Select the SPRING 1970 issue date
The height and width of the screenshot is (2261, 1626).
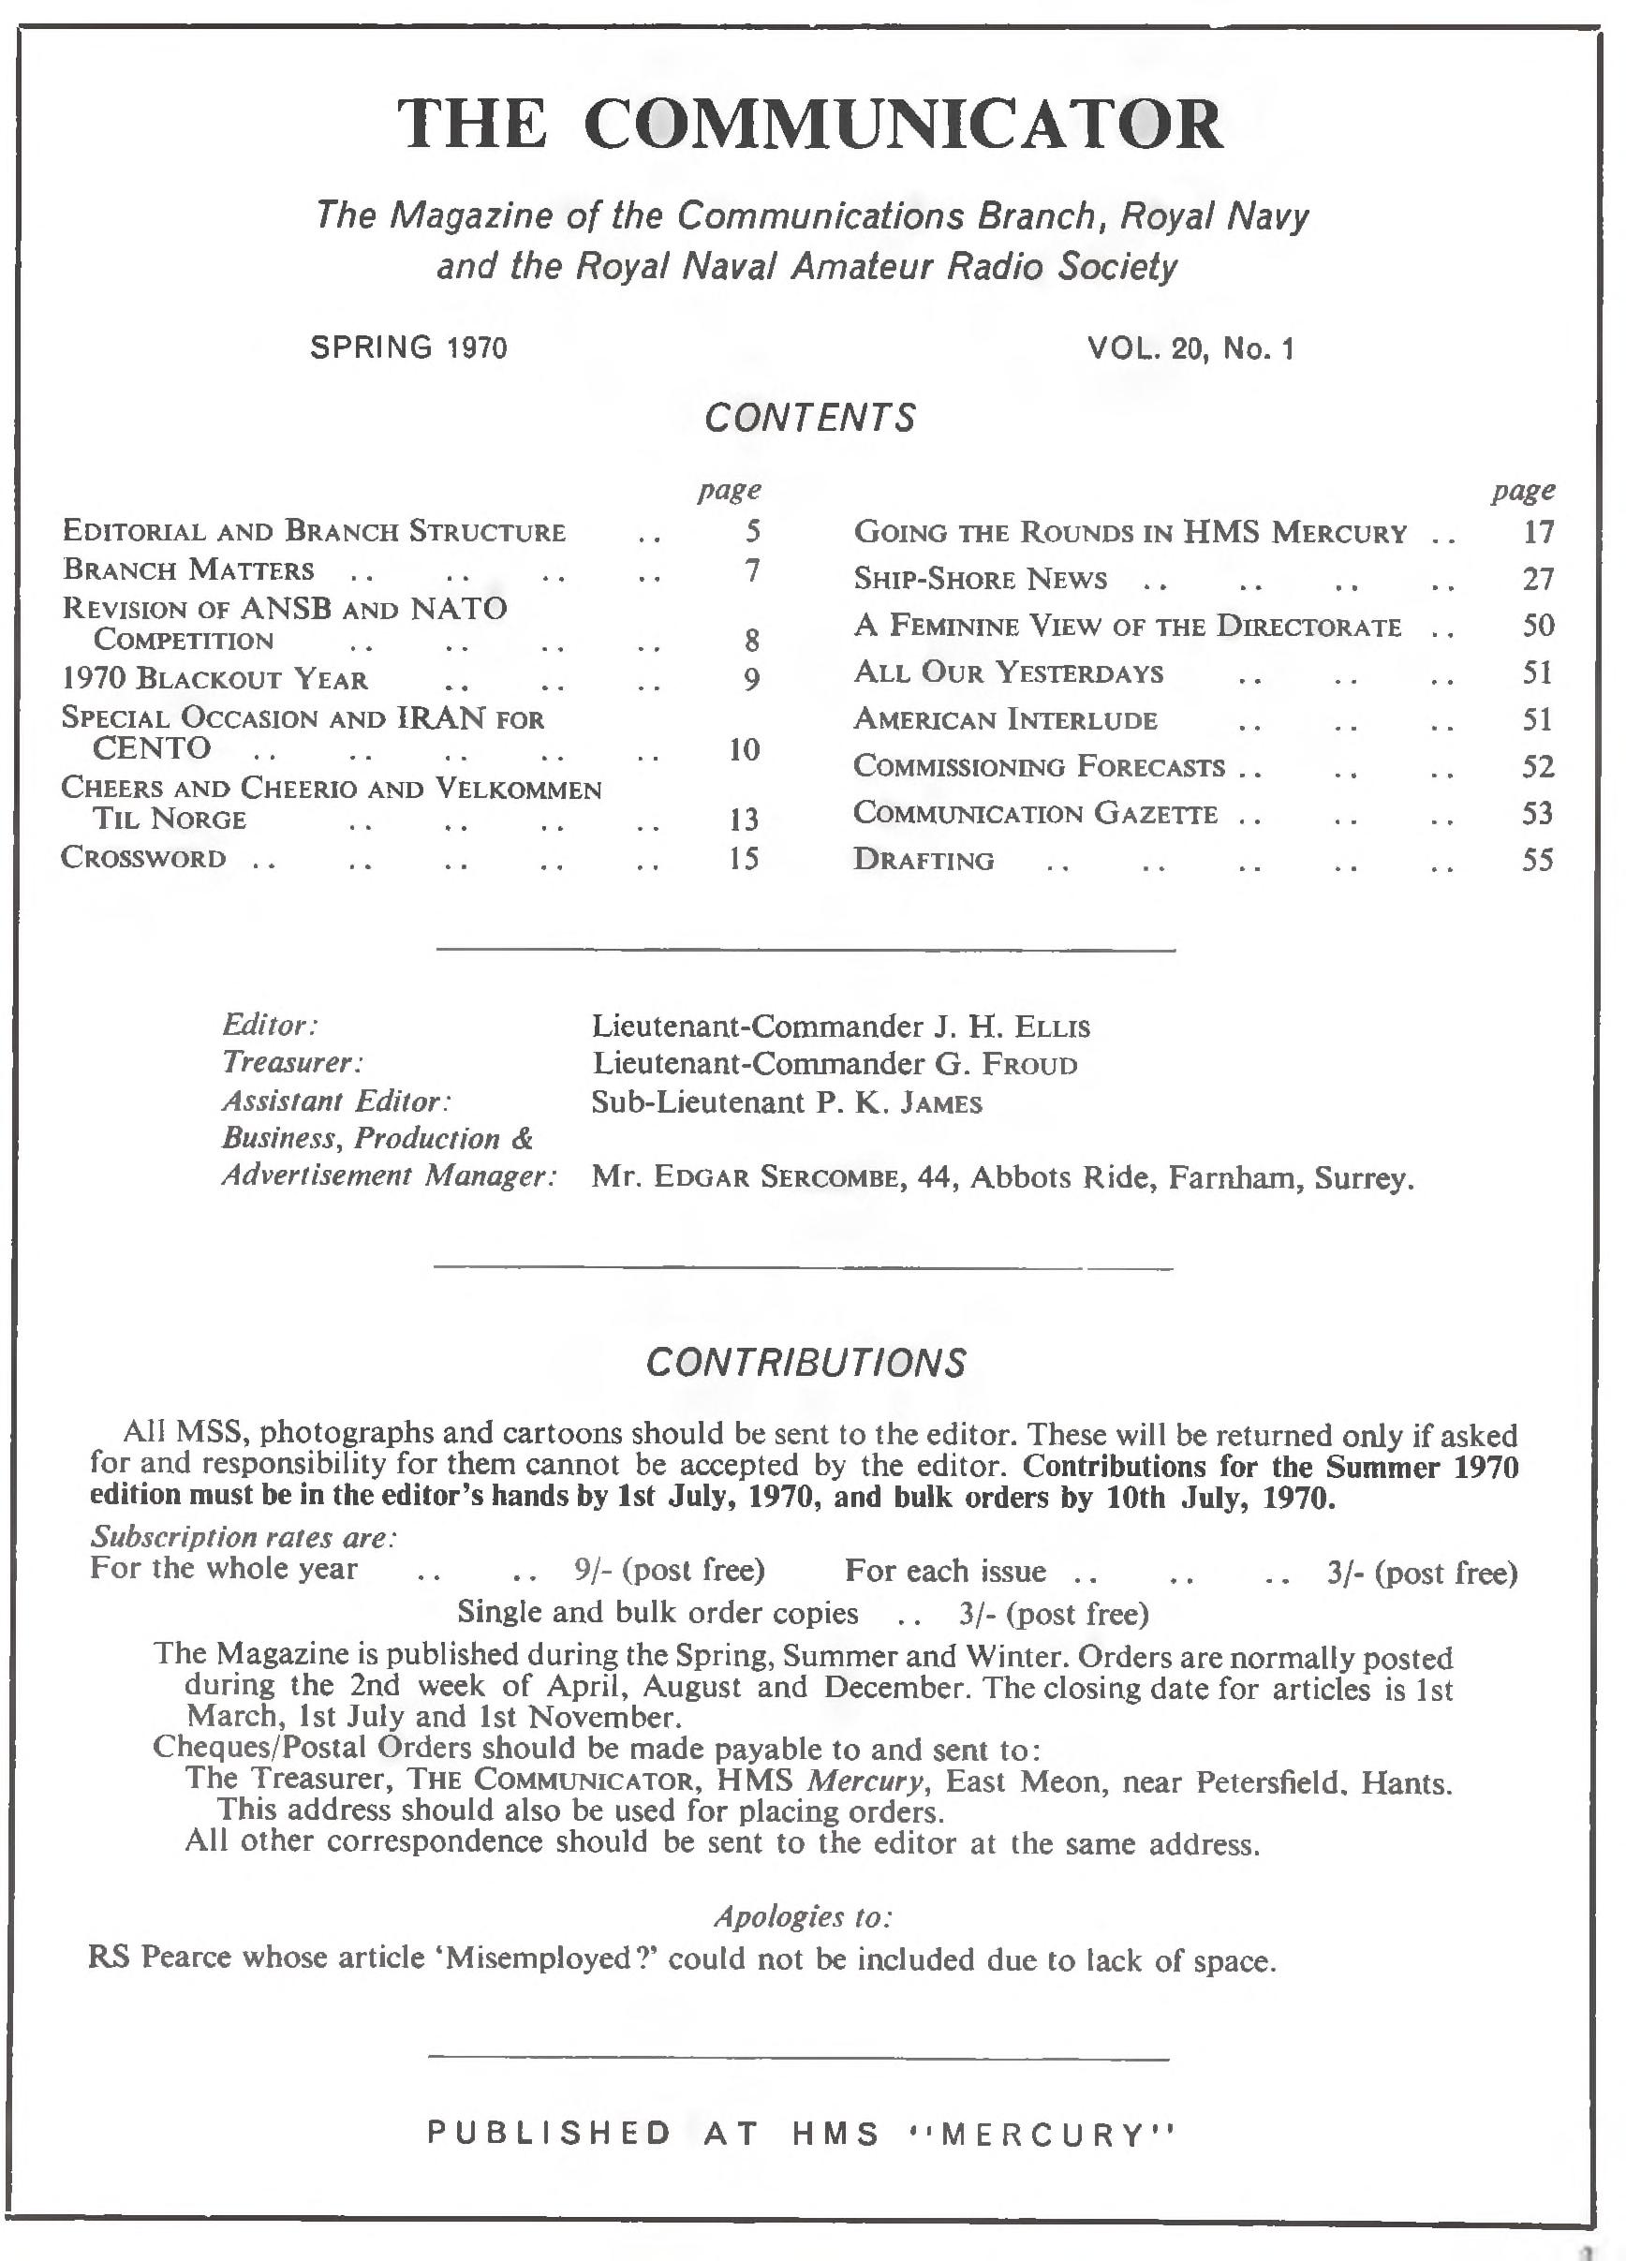tap(408, 347)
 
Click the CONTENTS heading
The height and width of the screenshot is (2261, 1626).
tap(809, 418)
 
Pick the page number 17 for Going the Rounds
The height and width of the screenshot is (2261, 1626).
tap(1538, 532)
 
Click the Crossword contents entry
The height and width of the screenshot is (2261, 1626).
tap(144, 858)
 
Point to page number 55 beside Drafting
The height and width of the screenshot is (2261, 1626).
tap(1537, 859)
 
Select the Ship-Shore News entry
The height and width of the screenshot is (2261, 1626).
tap(980, 579)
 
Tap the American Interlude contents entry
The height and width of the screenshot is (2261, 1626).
tap(1005, 719)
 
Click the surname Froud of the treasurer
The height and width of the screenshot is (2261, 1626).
tap(1030, 1065)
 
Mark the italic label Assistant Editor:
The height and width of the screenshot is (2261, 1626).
tap(337, 1101)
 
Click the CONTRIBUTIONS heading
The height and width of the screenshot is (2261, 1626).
tap(806, 1363)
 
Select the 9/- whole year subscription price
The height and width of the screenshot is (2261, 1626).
tap(593, 1570)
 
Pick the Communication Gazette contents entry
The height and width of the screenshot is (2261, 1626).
tap(1035, 814)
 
